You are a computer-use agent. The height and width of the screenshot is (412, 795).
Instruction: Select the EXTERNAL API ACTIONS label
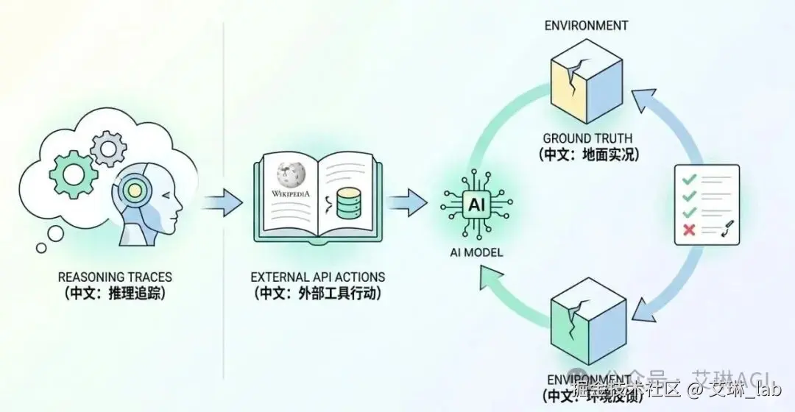(318, 277)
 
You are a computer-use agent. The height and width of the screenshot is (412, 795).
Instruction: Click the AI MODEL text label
(476, 252)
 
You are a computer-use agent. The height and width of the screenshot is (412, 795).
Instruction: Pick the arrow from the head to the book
(222, 200)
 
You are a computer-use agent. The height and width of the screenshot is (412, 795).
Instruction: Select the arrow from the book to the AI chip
(406, 200)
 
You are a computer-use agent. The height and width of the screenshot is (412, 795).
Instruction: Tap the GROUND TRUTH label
(587, 138)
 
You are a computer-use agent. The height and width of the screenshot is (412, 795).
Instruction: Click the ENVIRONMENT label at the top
(586, 26)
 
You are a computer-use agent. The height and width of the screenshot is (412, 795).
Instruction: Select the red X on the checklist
(690, 230)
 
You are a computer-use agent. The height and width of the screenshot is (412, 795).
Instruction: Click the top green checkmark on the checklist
(689, 179)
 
